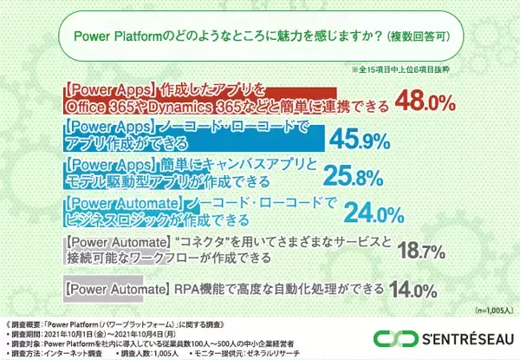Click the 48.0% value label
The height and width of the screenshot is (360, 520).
[426, 102]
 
